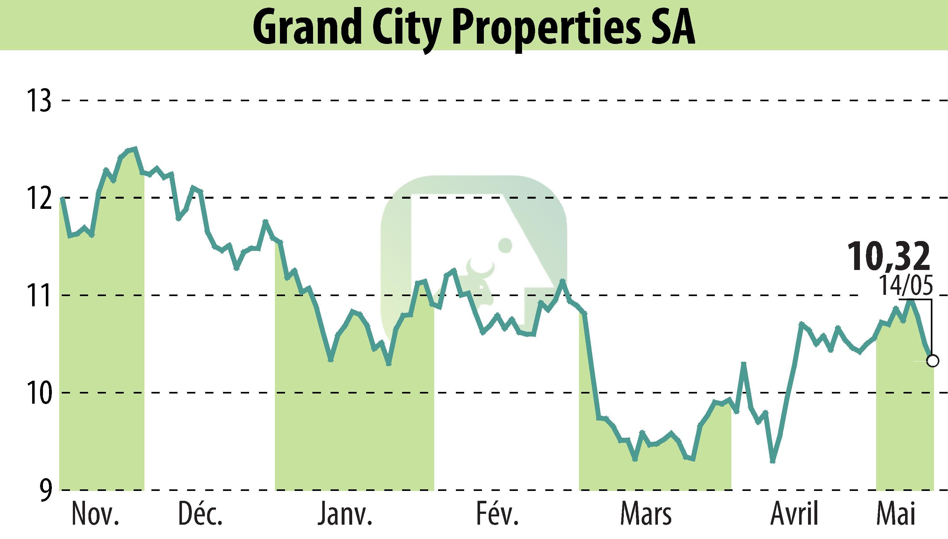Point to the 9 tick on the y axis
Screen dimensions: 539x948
45,490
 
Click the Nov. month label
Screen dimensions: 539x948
95,514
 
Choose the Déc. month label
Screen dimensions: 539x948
200,514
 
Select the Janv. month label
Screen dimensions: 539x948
345,514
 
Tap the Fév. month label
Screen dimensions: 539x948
497,514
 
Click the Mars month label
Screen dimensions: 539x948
645,514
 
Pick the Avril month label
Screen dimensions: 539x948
793,514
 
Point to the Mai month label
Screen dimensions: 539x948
896,514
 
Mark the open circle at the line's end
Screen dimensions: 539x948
933,360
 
